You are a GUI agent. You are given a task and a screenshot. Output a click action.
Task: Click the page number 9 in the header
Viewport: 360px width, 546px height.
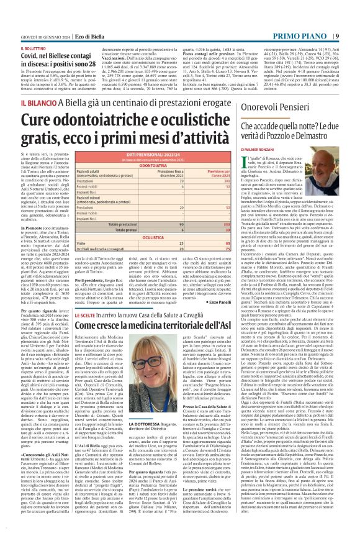pyautogui.click(x=354, y=6)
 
